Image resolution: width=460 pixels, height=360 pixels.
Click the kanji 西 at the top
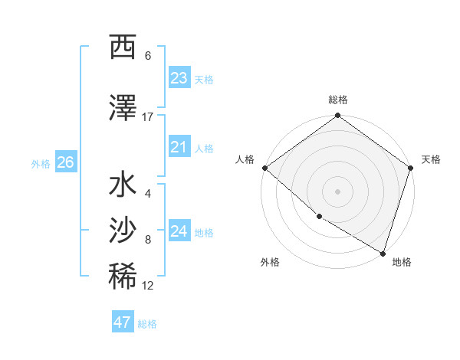click(123, 47)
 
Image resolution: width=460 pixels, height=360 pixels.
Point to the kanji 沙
click(123, 229)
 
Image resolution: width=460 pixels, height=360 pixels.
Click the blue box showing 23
click(179, 78)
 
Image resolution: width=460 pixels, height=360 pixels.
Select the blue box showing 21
click(179, 147)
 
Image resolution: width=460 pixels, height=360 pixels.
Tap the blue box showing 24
click(179, 231)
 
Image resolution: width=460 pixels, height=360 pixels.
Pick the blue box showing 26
click(66, 162)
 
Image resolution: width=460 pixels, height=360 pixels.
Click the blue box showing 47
click(123, 322)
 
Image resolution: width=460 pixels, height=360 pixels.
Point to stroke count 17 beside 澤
click(148, 116)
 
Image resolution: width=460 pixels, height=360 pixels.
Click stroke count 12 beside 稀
click(148, 286)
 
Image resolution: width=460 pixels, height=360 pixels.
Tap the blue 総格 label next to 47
click(147, 324)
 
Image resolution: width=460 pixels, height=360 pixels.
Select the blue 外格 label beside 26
click(41, 164)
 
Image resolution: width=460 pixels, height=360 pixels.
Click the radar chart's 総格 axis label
click(338, 100)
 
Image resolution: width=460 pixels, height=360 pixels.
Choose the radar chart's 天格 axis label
click(431, 159)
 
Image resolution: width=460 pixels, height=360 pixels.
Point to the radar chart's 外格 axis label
click(270, 263)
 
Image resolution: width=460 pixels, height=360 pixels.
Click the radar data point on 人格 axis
click(264, 168)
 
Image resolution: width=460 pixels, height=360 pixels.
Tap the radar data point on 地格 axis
click(383, 253)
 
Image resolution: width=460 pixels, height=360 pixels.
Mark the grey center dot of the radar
click(338, 191)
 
